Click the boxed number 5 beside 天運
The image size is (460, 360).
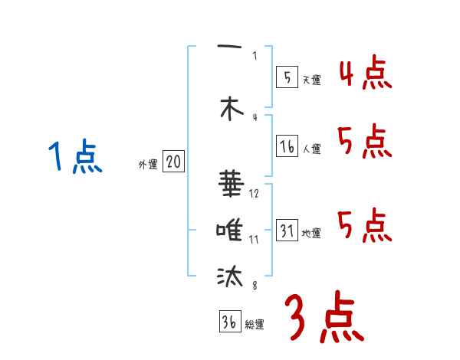pyautogui.click(x=287, y=77)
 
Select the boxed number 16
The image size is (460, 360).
pyautogui.click(x=287, y=146)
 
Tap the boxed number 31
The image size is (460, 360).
pyautogui.click(x=287, y=231)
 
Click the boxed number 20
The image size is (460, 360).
pyautogui.click(x=174, y=162)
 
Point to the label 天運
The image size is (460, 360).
pyautogui.click(x=311, y=79)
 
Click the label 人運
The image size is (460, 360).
pyautogui.click(x=311, y=149)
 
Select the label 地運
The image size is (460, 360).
pyautogui.click(x=311, y=234)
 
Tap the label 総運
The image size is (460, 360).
pyautogui.click(x=255, y=325)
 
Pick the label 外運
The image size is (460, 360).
pyautogui.click(x=148, y=164)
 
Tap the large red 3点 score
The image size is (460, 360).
pyautogui.click(x=323, y=318)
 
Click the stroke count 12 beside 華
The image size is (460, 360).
pyautogui.click(x=254, y=193)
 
